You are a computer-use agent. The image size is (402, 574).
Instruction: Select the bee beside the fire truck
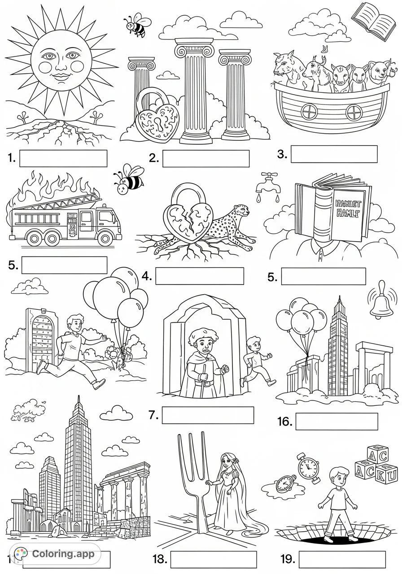tap(128, 180)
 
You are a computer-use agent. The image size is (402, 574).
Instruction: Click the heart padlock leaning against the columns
tap(157, 119)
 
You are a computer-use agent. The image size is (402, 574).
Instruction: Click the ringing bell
tap(382, 300)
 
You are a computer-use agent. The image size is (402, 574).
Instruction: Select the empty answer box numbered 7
tap(207, 415)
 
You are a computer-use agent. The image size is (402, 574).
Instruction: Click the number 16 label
tap(285, 422)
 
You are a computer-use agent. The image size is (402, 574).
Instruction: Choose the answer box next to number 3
tap(334, 154)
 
